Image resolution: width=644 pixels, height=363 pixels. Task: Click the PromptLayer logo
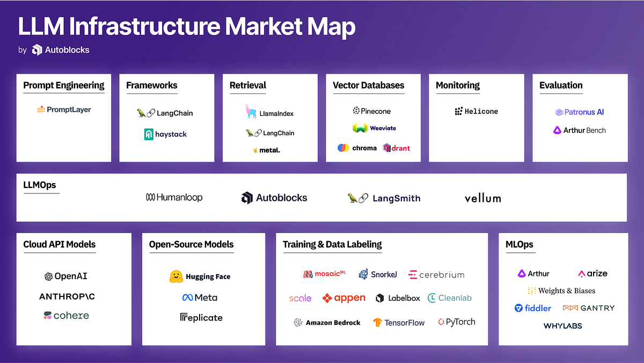pyautogui.click(x=64, y=110)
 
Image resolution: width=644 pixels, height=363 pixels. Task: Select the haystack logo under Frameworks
pyautogui.click(x=165, y=134)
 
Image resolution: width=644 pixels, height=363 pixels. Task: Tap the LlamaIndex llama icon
pyautogui.click(x=251, y=111)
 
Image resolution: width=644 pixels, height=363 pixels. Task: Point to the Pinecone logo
pyautogui.click(x=371, y=111)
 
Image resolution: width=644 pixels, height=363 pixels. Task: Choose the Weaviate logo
pyautogui.click(x=374, y=128)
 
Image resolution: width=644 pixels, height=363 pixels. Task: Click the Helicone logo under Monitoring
pyautogui.click(x=476, y=111)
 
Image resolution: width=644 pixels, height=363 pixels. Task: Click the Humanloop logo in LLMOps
pyautogui.click(x=174, y=198)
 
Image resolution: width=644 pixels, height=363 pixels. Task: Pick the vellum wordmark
pyautogui.click(x=482, y=198)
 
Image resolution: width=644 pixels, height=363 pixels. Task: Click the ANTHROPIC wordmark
pyautogui.click(x=67, y=296)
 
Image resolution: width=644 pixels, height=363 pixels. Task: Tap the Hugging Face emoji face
pyautogui.click(x=176, y=277)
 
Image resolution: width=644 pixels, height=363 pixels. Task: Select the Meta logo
pyautogui.click(x=200, y=297)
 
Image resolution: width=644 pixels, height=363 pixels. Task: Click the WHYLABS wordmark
pyautogui.click(x=562, y=326)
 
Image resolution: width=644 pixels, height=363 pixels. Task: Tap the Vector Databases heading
pyautogui.click(x=369, y=85)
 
